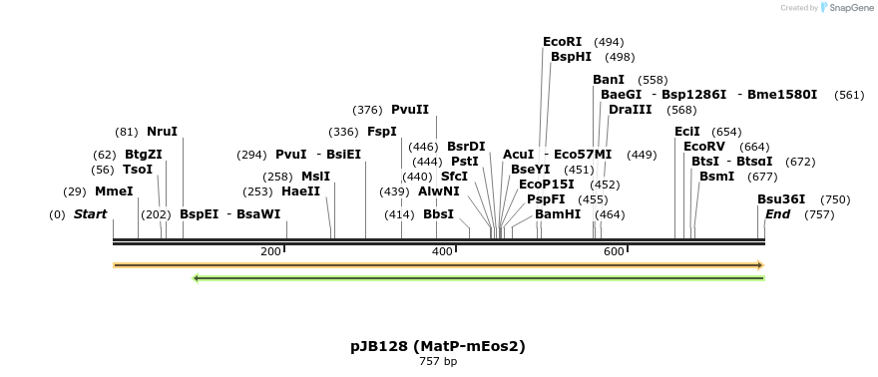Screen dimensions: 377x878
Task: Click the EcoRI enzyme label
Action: pos(562,42)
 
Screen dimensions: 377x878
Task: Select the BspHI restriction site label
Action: pos(571,57)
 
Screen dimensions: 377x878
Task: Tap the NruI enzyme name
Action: pos(162,132)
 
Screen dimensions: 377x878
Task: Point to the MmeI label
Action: pos(114,191)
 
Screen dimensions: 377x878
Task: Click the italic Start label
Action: pos(90,214)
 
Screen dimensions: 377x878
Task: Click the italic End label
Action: pos(778,214)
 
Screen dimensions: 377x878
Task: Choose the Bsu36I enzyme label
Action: pos(781,199)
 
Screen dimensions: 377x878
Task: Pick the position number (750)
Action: pos(835,199)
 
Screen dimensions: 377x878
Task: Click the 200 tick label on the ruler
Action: pos(270,251)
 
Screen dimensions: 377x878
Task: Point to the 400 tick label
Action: pos(442,251)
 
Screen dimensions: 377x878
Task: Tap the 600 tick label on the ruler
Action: pos(614,251)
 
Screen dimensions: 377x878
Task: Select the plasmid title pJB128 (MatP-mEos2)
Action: pos(437,346)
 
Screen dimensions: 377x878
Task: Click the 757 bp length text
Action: pos(437,361)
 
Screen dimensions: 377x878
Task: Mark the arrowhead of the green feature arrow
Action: pos(196,278)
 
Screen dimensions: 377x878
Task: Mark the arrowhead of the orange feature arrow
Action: pos(760,265)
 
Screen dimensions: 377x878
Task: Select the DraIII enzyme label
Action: pos(631,110)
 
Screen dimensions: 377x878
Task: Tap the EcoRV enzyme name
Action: pos(704,147)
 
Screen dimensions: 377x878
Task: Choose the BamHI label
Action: pos(558,214)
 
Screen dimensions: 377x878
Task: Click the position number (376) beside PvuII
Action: pos(367,110)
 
